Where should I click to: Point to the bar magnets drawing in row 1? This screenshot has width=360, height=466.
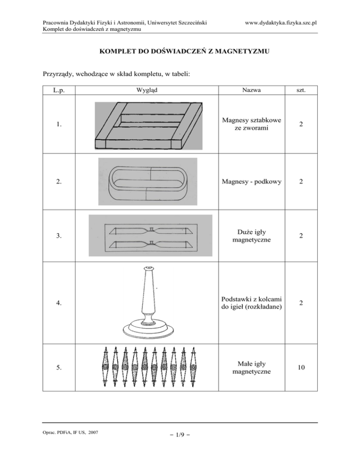tap(150, 126)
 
